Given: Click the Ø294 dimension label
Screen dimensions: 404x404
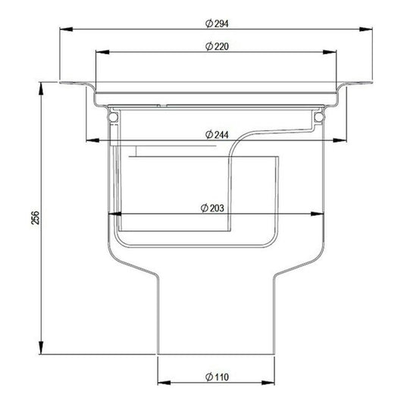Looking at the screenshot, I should click(x=217, y=24).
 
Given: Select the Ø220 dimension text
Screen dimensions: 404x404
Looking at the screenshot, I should click(x=217, y=47).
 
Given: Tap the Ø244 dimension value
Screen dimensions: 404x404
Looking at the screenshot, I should click(x=218, y=135).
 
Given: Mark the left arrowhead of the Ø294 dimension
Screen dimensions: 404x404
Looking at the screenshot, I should click(x=64, y=30).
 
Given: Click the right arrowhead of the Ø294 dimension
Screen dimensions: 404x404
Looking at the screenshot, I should click(x=368, y=30).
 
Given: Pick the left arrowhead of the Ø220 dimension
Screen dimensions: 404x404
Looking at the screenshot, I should click(x=99, y=52).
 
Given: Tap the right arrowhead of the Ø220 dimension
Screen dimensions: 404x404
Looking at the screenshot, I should click(x=334, y=52).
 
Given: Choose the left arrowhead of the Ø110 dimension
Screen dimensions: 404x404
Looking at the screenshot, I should click(x=161, y=383).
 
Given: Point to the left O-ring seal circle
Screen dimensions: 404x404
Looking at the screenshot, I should click(x=113, y=118).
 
